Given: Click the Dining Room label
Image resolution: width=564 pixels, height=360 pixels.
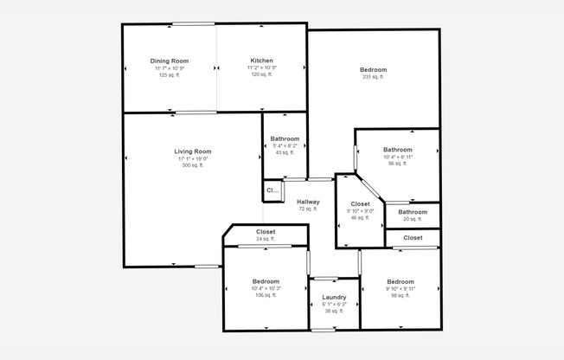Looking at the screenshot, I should (170, 61).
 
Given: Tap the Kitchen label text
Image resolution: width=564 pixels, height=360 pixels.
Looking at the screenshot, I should (262, 61).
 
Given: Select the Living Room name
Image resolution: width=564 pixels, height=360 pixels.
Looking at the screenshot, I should (192, 151).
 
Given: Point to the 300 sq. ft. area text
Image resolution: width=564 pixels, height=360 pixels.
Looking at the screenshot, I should (192, 165).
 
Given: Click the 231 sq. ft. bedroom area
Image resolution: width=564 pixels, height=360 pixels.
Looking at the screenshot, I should (374, 77).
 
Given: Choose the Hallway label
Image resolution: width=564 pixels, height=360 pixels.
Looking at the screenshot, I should (308, 202).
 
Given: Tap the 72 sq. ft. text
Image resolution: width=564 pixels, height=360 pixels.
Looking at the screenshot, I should (308, 209).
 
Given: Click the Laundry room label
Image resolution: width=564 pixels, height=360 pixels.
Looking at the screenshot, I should (334, 297).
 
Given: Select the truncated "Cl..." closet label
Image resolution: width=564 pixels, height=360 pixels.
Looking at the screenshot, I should (272, 190).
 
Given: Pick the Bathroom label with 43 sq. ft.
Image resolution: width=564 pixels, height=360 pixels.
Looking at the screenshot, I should (285, 139).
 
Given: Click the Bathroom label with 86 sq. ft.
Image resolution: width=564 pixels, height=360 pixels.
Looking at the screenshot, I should (398, 149).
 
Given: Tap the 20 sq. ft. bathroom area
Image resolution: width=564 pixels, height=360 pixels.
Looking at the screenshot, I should (412, 220).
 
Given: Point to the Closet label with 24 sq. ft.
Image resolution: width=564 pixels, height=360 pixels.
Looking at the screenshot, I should (266, 232).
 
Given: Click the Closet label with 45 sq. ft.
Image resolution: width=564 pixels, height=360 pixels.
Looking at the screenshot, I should (360, 204).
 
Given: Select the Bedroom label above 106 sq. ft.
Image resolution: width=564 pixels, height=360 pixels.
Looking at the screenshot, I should (266, 282).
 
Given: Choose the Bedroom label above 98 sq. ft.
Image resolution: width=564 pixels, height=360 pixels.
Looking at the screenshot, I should (401, 282).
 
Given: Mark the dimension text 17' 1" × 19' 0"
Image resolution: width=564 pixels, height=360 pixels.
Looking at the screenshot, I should (192, 158).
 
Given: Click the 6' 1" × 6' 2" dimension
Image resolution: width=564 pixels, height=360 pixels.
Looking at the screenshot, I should (334, 304).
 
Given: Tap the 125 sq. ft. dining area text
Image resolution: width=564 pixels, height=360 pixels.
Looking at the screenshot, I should (170, 75).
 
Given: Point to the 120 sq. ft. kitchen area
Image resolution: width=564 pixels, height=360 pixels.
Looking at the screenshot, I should (262, 75).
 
